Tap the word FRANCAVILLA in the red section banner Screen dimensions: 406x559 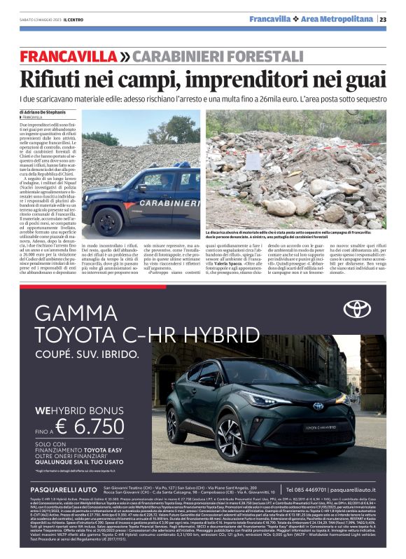pyautogui.click(x=69, y=56)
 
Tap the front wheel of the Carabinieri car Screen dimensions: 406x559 pyautogui.click(x=108, y=221)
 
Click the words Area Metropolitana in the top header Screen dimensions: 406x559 pyautogui.click(x=347, y=20)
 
